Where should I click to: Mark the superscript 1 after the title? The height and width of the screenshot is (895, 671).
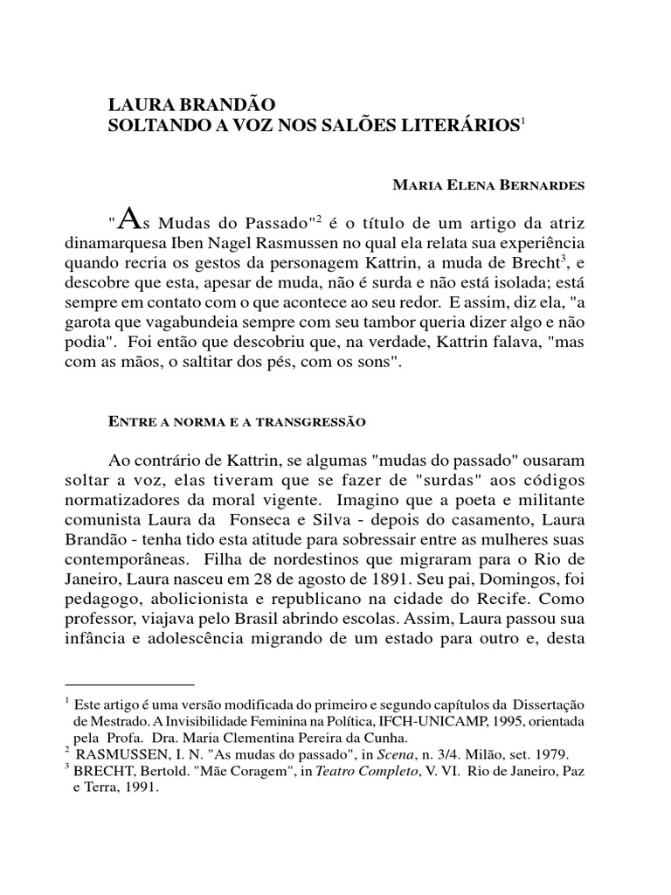tap(522, 121)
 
